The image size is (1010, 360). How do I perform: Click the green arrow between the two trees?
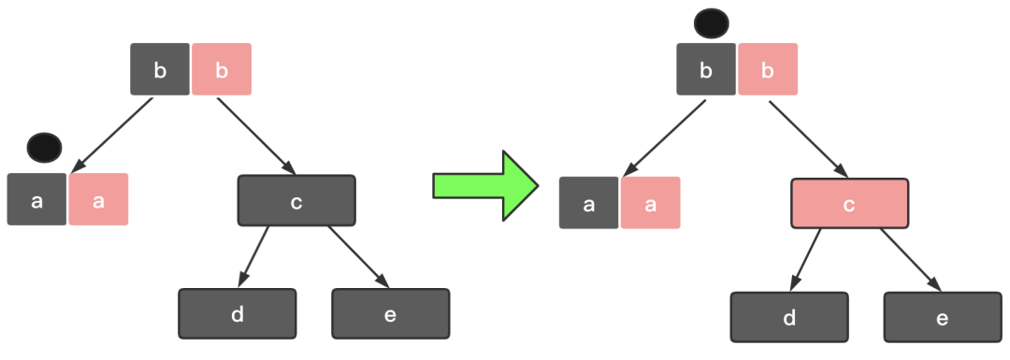pos(485,186)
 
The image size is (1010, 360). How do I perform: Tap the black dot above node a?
pos(45,148)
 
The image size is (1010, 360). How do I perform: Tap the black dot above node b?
pos(711,23)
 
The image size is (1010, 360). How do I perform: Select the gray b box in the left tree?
pos(160,69)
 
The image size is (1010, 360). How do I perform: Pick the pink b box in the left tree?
pos(222,69)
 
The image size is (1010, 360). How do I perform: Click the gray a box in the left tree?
pos(36,200)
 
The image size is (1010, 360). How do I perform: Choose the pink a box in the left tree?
pos(98,200)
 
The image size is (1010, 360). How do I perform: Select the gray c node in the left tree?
pos(296,201)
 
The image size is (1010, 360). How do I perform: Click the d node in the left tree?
pos(237,313)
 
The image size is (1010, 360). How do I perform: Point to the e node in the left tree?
pos(390,313)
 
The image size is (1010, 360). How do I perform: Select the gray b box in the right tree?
pos(706,69)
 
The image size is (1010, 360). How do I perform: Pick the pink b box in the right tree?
pos(768,69)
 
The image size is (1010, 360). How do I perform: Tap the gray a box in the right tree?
pos(589,203)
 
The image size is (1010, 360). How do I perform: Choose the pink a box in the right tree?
pos(651,203)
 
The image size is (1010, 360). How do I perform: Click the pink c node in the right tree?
pos(849,204)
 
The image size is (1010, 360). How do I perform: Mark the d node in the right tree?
pos(789,318)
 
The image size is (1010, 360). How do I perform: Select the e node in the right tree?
pos(943,318)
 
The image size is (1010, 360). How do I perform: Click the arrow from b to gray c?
pos(256,137)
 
